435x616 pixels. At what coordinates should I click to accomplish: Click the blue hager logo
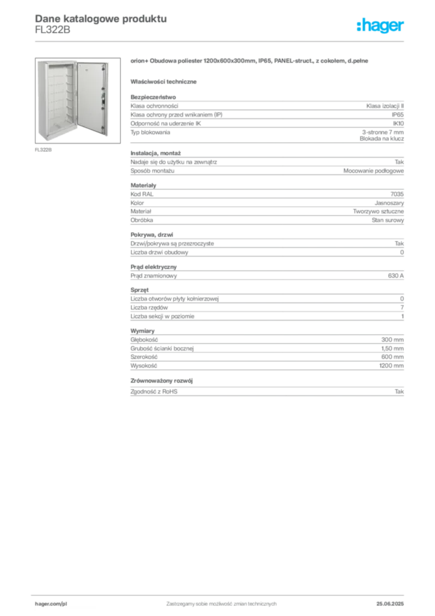(381, 26)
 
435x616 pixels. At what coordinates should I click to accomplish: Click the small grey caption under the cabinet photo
(43, 150)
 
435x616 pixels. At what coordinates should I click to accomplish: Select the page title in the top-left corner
(99, 18)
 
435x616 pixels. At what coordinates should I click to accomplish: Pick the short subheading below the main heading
(165, 81)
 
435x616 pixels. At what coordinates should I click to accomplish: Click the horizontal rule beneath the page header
(221, 41)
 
